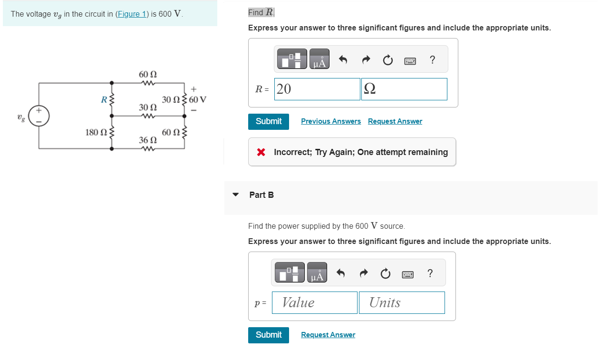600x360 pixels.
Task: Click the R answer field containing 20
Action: click(317, 89)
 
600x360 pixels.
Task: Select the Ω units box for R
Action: click(404, 89)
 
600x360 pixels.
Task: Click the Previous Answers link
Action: click(330, 121)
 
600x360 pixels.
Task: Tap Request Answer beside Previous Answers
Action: click(395, 121)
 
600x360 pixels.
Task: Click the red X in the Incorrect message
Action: click(261, 152)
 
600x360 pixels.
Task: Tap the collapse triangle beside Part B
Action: click(235, 195)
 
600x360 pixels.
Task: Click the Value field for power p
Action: click(314, 302)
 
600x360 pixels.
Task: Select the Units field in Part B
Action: click(401, 302)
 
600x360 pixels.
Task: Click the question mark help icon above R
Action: click(432, 60)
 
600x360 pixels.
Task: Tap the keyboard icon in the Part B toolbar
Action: click(407, 274)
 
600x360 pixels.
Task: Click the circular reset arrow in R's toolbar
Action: click(387, 60)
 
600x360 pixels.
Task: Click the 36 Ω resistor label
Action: click(147, 140)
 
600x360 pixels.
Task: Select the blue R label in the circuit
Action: click(103, 99)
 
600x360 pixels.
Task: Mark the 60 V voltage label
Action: click(197, 100)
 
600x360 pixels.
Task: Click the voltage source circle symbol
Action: click(39, 116)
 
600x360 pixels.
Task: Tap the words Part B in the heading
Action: click(261, 195)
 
